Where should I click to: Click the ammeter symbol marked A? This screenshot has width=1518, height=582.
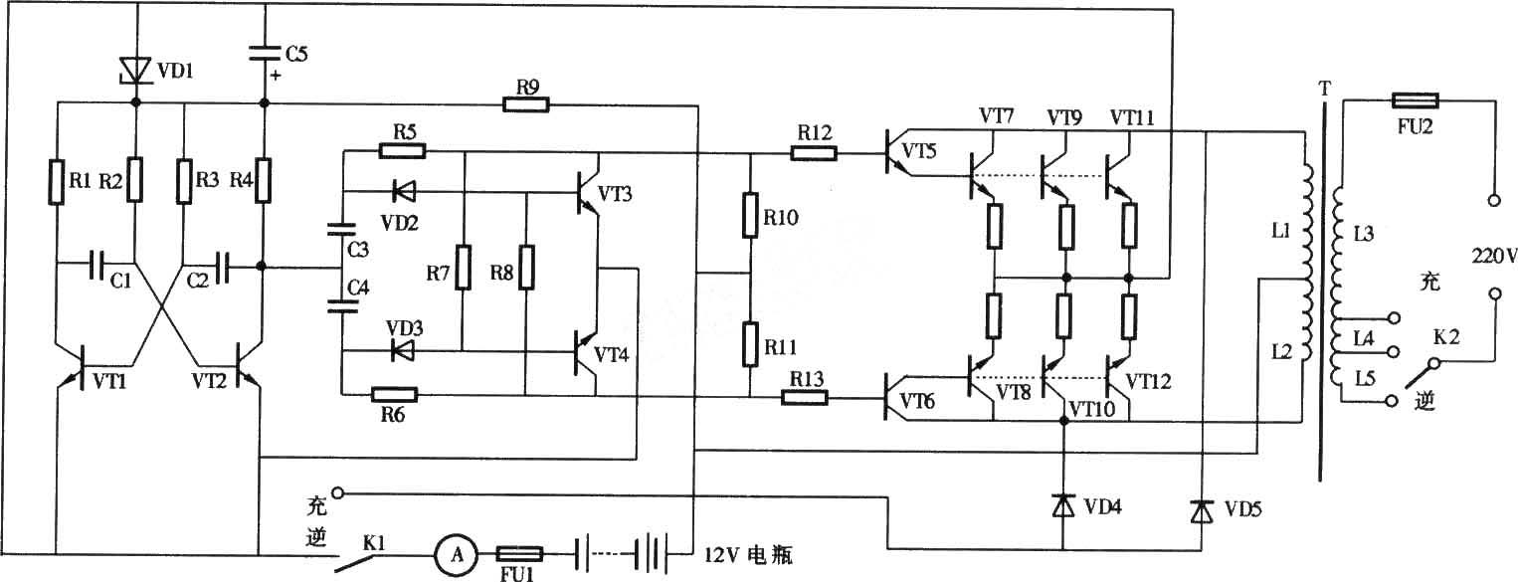click(x=457, y=555)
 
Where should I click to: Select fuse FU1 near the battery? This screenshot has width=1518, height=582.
click(x=520, y=554)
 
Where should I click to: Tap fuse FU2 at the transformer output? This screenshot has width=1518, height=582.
click(x=1415, y=100)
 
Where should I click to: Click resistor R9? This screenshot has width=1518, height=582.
click(x=526, y=105)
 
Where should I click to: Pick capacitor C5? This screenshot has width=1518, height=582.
click(x=265, y=53)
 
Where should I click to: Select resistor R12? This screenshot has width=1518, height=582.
click(x=814, y=154)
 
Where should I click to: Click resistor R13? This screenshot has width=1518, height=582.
click(x=805, y=397)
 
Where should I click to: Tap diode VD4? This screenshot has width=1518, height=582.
click(x=1063, y=505)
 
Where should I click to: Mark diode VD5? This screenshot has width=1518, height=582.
click(x=1202, y=509)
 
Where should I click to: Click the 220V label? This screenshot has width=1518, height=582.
click(x=1493, y=256)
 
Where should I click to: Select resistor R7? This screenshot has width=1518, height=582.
click(x=463, y=268)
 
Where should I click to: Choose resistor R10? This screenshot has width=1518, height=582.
click(x=749, y=216)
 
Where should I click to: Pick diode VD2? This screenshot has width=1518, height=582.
click(x=405, y=192)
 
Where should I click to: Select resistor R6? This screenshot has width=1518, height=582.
click(x=394, y=395)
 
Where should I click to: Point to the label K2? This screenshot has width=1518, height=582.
click(x=1445, y=336)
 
